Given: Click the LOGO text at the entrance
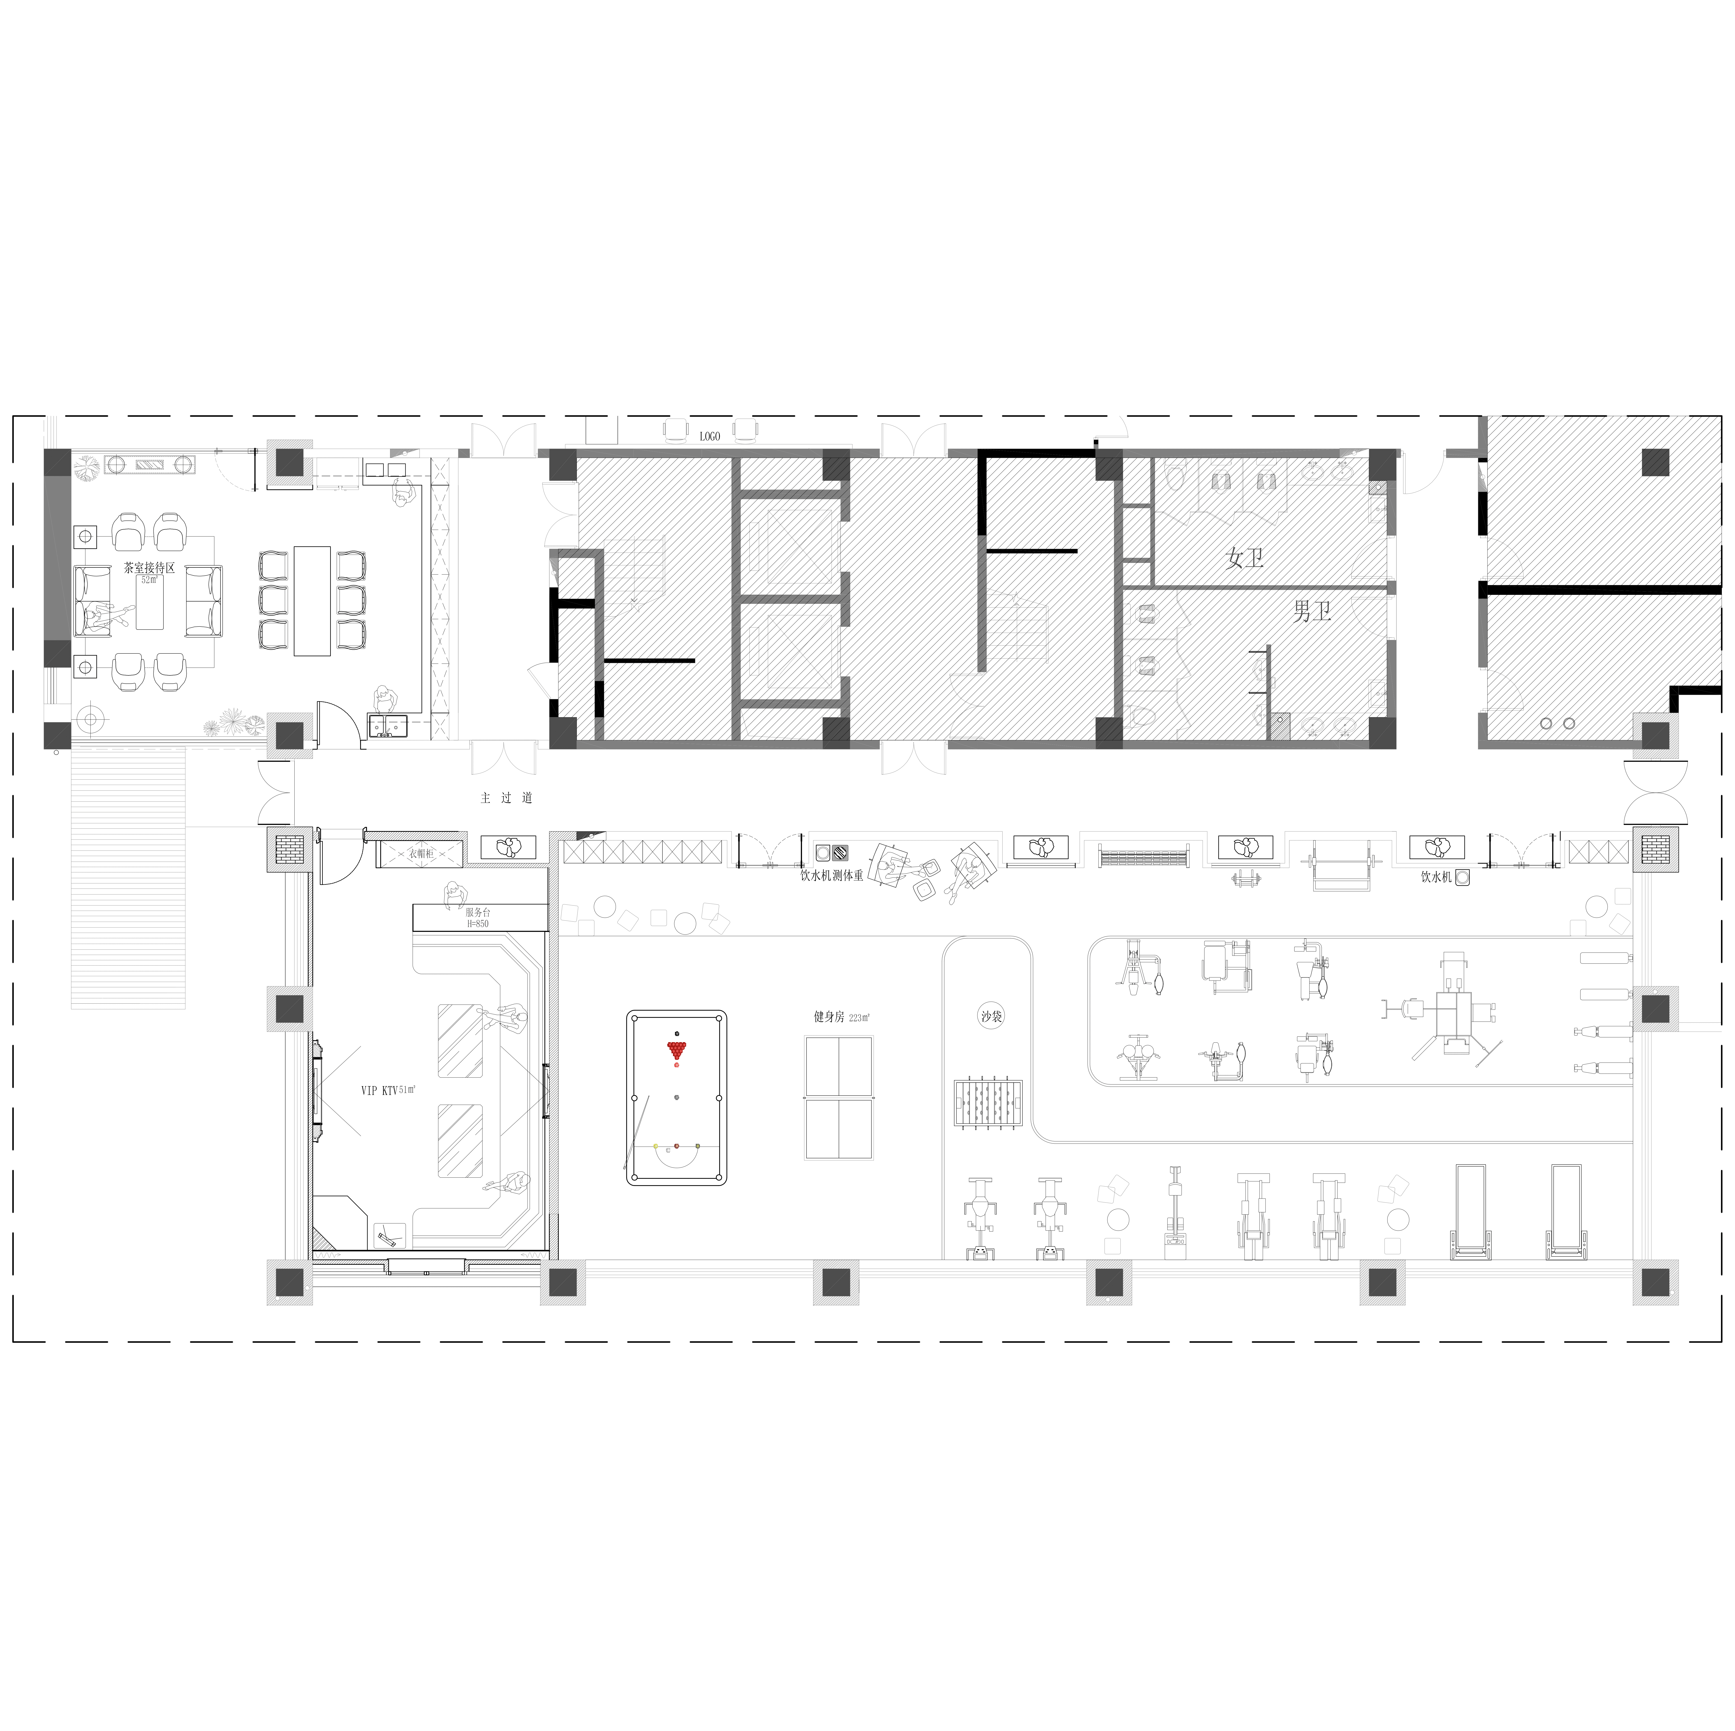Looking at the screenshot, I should tap(710, 437).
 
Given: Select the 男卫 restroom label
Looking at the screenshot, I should tap(1312, 612).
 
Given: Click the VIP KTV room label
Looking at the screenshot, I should tap(379, 1090).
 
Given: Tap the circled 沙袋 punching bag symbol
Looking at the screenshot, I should tap(991, 1017).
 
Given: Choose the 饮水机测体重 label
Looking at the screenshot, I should tap(832, 875).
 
